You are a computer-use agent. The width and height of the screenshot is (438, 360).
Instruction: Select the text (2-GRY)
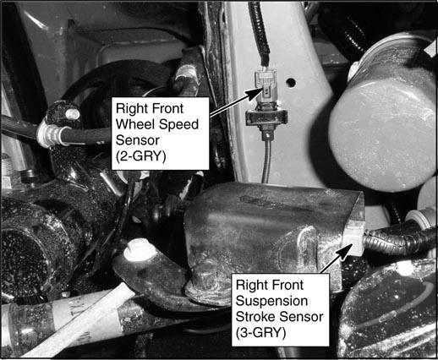point(140,156)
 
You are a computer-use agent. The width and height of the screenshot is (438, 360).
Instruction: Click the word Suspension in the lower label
point(271,302)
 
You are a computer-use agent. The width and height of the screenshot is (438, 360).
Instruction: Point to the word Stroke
point(255,317)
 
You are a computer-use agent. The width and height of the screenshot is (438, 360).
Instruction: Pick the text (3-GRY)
point(260,333)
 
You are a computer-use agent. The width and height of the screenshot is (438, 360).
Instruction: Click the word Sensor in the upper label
point(138,140)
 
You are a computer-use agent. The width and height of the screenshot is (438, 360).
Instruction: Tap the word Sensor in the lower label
point(300,317)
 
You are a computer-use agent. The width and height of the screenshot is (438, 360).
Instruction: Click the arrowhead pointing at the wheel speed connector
point(257,93)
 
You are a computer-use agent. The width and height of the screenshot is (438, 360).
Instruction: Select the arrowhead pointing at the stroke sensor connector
point(345,251)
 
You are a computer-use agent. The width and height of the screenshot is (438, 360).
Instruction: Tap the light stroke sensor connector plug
point(353,237)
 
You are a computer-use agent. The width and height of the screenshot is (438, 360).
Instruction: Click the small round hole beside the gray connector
point(291,83)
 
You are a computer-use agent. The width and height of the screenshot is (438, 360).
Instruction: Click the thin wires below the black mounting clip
point(266,161)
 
